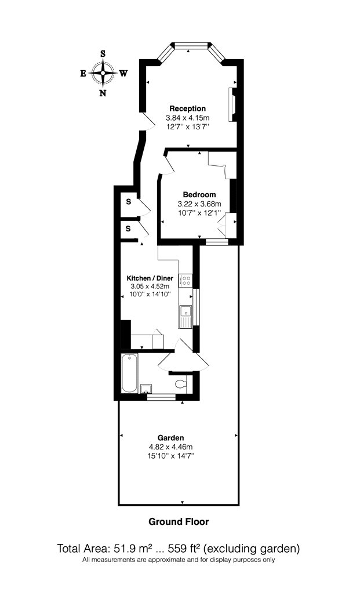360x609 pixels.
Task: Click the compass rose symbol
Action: point(103,73)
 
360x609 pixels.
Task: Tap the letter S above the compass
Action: point(103,53)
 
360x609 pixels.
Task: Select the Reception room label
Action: point(188,108)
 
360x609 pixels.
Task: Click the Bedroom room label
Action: point(199,194)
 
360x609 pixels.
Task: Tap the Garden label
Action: point(171,438)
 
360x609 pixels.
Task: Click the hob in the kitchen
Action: point(186,280)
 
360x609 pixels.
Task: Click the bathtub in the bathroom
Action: point(129,373)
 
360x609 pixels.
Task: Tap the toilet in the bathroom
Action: point(181,384)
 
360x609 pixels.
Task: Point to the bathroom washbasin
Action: point(146,389)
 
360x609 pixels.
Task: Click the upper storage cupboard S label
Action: point(129,202)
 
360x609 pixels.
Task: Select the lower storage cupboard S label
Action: point(129,229)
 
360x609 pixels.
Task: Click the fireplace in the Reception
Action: point(232,104)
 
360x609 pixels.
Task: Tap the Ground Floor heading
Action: point(179,521)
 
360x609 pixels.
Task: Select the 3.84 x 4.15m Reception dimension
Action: point(188,118)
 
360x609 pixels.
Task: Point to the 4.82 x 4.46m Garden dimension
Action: point(171,447)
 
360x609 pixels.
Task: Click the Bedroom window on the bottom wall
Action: point(217,242)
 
